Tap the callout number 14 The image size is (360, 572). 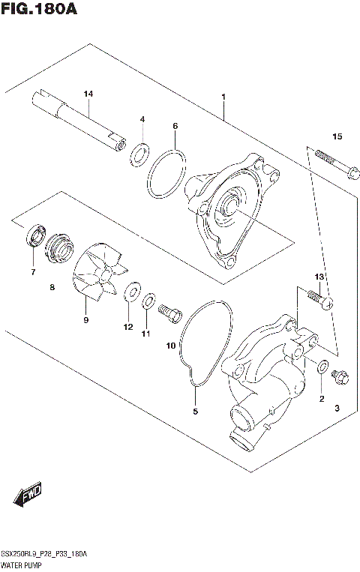pyautogui.click(x=88, y=94)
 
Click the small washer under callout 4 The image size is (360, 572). pyautogui.click(x=138, y=155)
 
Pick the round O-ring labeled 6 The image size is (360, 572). pyautogui.click(x=166, y=175)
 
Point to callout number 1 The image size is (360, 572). pyautogui.click(x=223, y=97)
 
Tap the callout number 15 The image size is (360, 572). pyautogui.click(x=337, y=136)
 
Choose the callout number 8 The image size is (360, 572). pyautogui.click(x=52, y=287)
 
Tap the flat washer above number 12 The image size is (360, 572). pyautogui.click(x=133, y=290)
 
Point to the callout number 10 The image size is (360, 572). pyautogui.click(x=170, y=346)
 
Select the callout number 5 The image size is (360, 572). pyautogui.click(x=195, y=412)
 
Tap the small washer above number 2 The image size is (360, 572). pyautogui.click(x=322, y=367)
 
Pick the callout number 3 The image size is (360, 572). pyautogui.click(x=337, y=408)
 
